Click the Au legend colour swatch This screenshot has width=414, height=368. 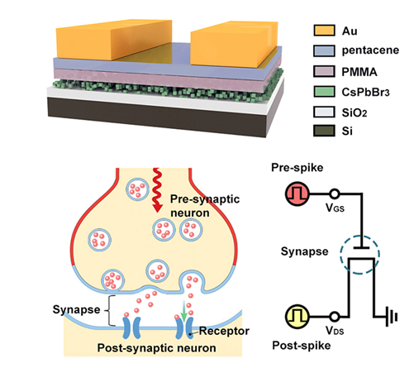coord(324,31)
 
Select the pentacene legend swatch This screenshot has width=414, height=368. coord(324,50)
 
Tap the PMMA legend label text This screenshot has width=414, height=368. coord(359,72)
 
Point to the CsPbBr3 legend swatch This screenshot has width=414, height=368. coord(324,92)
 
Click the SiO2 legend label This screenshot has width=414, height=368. coord(355,112)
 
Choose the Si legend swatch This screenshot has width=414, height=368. coord(324,131)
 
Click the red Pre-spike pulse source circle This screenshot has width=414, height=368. coord(297,194)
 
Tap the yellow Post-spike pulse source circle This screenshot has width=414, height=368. coord(297,317)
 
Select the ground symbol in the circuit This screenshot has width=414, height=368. coord(392,317)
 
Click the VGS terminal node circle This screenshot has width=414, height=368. coord(335,194)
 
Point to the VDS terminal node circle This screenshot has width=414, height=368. coord(335,317)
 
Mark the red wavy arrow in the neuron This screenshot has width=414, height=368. coord(156,190)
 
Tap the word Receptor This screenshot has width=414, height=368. coord(224,331)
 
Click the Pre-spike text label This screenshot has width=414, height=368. coord(297,168)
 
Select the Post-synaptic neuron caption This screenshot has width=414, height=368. coord(156,348)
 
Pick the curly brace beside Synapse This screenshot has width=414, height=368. coord(109,311)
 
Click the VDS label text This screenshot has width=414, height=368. coord(335,330)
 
